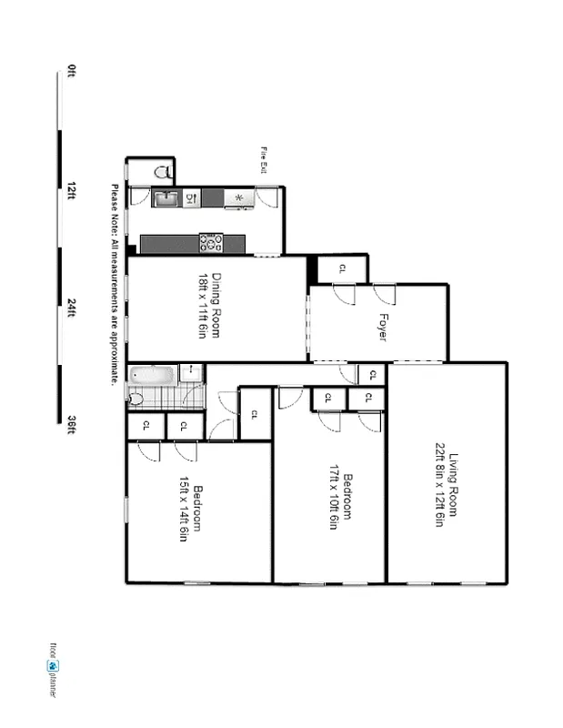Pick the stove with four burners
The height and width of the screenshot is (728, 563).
click(211, 243)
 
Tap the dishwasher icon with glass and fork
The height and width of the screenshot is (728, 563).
click(192, 197)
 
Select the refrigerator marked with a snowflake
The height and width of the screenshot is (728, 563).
click(238, 197)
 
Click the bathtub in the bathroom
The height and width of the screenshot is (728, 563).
click(151, 373)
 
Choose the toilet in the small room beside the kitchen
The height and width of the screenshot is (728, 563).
click(163, 170)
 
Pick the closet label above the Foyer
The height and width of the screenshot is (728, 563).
click(342, 268)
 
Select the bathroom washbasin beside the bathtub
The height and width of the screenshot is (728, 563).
click(192, 371)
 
